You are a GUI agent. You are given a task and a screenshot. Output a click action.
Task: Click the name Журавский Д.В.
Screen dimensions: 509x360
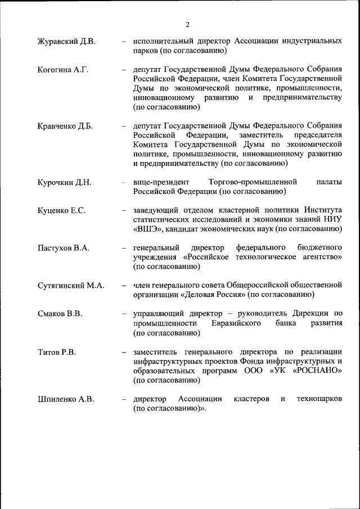(x=66, y=42)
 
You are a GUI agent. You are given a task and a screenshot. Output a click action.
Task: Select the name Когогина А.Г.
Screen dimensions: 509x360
(x=63, y=70)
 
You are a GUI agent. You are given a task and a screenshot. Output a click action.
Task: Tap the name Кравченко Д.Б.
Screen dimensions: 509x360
(x=65, y=126)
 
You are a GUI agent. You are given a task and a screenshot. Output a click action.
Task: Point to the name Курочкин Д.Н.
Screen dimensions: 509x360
(x=64, y=182)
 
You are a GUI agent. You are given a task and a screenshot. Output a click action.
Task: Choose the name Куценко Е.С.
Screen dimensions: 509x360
(x=61, y=210)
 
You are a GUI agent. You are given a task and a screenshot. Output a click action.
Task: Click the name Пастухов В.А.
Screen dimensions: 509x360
(x=64, y=248)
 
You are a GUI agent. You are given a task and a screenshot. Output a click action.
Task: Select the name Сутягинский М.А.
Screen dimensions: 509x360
(x=71, y=286)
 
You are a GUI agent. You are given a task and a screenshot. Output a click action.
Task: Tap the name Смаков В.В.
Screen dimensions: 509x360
(x=60, y=314)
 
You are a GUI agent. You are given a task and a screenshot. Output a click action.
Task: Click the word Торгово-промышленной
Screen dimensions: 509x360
(x=252, y=182)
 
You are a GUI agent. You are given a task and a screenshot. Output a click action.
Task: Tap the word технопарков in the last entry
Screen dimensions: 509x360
(x=319, y=399)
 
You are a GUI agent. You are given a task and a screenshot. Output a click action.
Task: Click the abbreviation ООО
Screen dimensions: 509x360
(x=255, y=371)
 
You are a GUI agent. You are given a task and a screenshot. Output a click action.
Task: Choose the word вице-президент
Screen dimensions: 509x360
(x=160, y=182)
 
